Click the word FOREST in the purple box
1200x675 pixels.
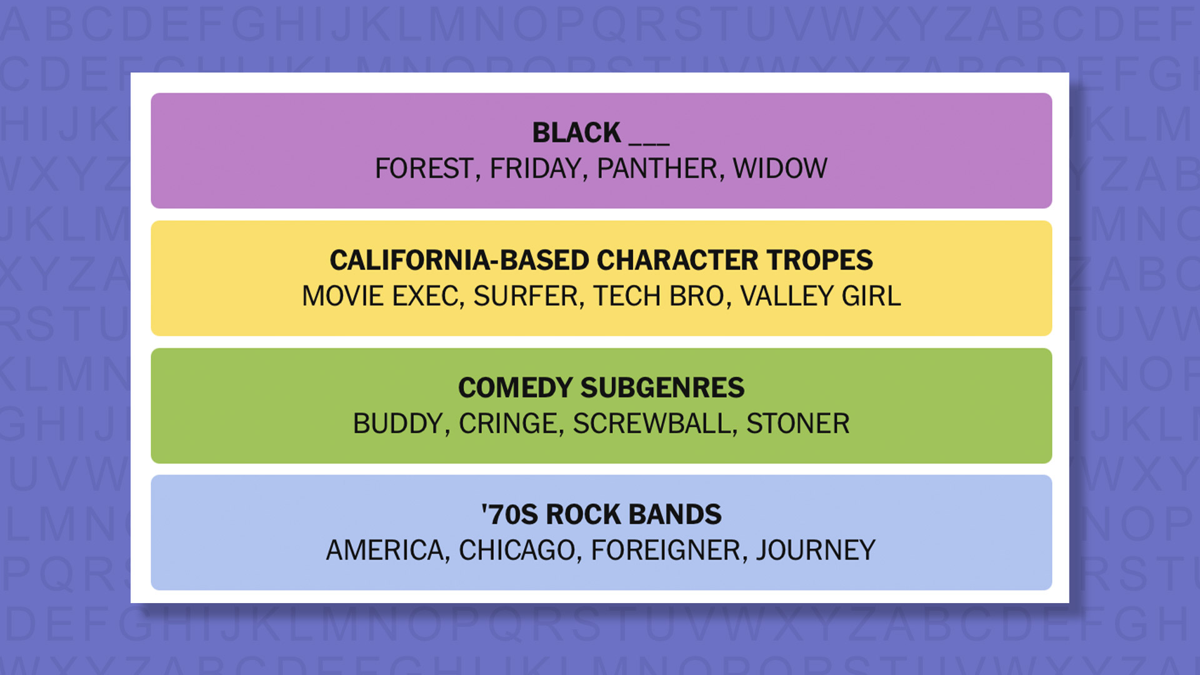point(424,169)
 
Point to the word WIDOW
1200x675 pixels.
point(780,169)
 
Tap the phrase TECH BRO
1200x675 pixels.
point(659,296)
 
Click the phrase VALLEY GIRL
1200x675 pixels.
point(821,296)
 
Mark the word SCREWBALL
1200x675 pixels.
point(652,424)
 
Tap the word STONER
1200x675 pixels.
point(798,424)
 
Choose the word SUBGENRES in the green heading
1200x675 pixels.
point(662,387)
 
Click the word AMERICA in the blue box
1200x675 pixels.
point(385,551)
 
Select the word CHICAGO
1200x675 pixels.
point(517,551)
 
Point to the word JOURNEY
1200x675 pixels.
point(816,551)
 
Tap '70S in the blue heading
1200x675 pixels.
point(509,514)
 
